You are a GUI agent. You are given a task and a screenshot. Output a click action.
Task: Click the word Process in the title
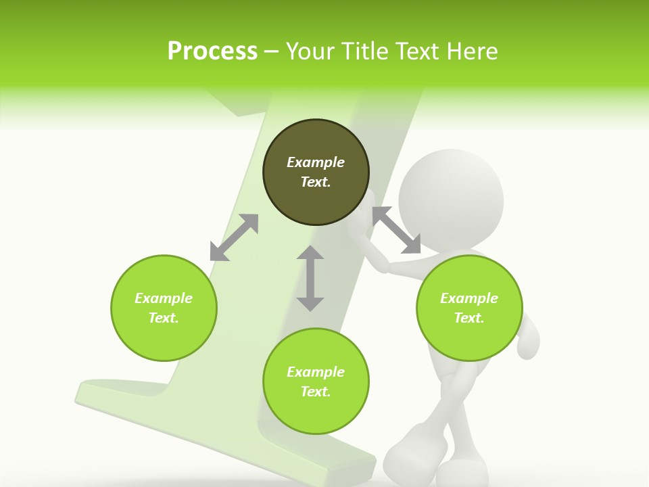point(212,51)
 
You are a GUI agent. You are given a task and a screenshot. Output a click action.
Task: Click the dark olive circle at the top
point(316,172)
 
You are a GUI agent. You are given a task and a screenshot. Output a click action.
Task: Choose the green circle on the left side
point(164,308)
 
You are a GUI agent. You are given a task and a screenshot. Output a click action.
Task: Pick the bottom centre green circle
point(316,381)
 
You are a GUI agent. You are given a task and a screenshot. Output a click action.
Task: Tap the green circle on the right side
point(469,308)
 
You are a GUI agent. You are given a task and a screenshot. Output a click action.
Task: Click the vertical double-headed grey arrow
point(310,278)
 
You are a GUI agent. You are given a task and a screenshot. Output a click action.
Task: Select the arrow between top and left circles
point(234,237)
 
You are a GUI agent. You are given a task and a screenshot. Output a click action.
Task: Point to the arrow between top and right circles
point(397,230)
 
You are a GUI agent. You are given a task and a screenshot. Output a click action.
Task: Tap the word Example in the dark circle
point(316,162)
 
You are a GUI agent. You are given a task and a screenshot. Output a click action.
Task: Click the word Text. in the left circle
point(164,318)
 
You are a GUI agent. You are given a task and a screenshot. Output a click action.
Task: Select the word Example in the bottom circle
point(316,372)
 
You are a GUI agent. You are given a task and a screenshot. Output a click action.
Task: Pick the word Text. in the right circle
point(469,318)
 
